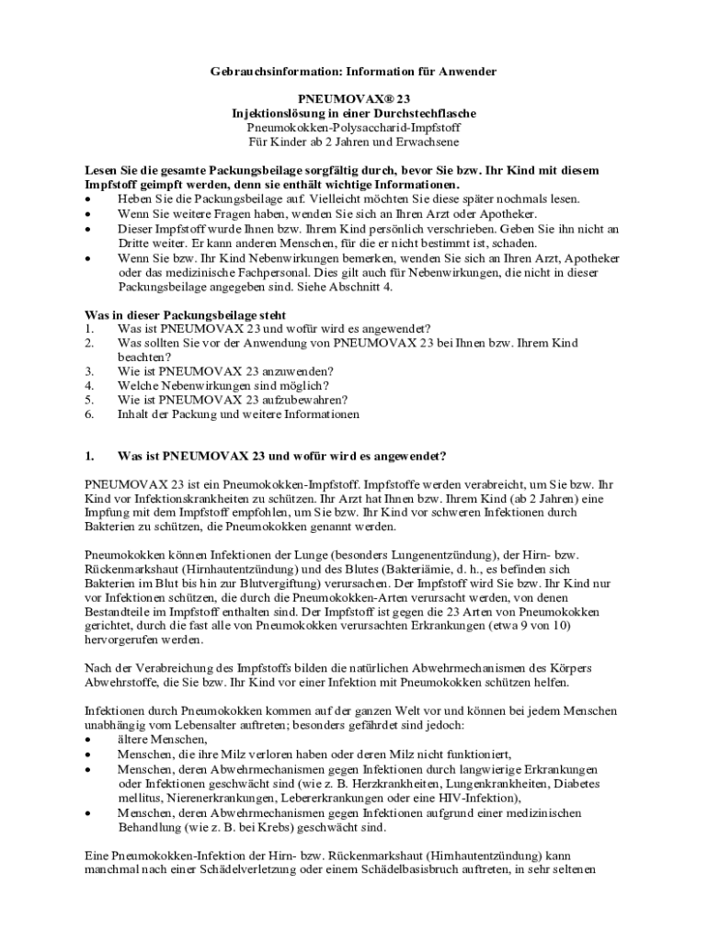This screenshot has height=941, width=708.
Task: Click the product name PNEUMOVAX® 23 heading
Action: [x=354, y=96]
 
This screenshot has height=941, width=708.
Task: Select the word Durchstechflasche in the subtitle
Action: [x=425, y=112]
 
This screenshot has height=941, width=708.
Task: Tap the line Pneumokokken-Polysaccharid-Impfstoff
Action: [x=354, y=127]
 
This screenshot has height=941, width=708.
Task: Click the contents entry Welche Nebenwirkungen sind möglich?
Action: [x=223, y=385]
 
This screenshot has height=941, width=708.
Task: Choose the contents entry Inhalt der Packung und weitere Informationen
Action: [x=238, y=414]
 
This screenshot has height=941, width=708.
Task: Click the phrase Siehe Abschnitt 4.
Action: [x=348, y=287]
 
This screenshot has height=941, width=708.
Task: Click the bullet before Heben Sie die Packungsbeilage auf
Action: [x=88, y=198]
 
